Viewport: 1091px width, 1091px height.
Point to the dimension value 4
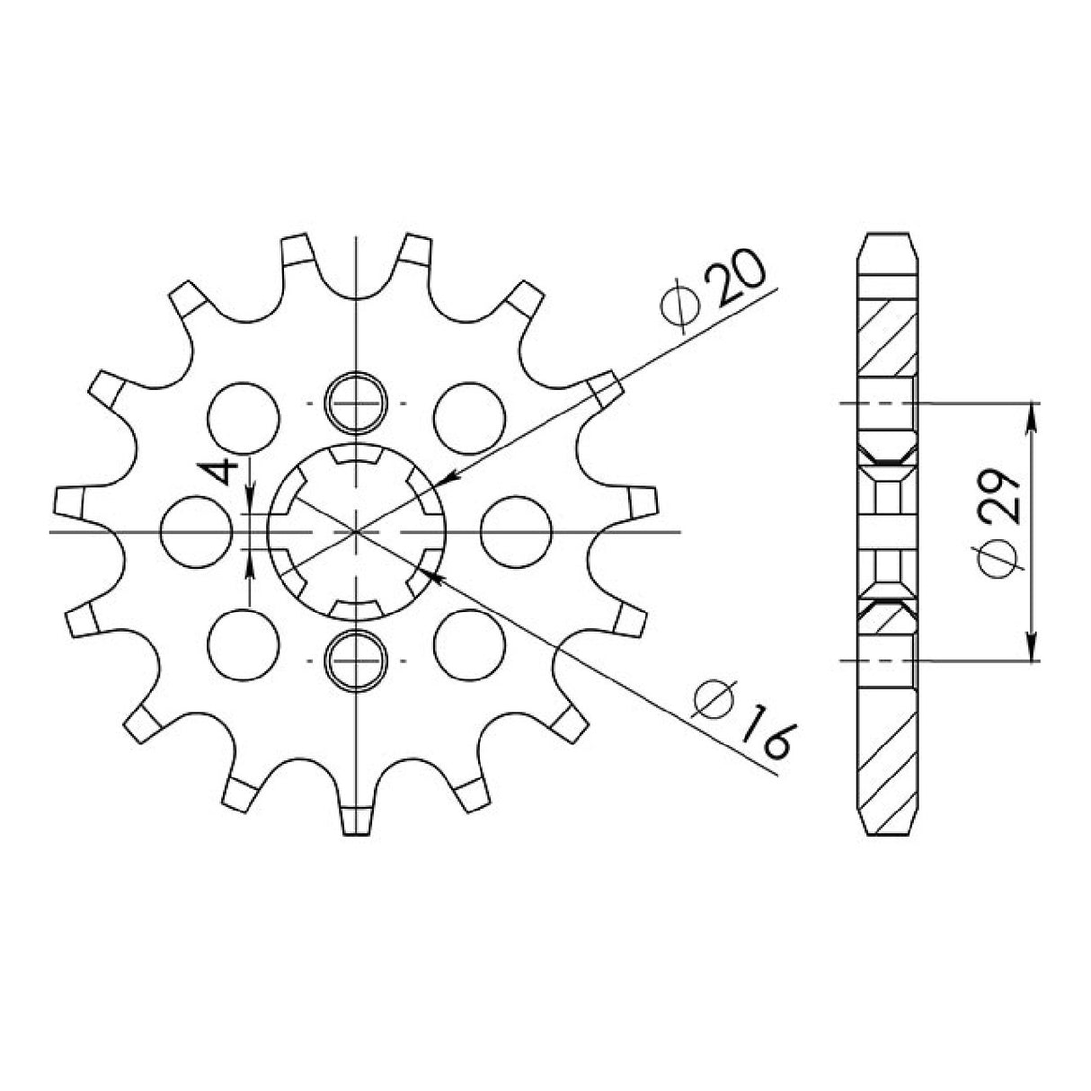pyautogui.click(x=226, y=473)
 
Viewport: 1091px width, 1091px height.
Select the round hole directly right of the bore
pyautogui.click(x=515, y=531)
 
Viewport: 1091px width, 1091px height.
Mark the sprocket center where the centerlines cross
pyautogui.click(x=357, y=531)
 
